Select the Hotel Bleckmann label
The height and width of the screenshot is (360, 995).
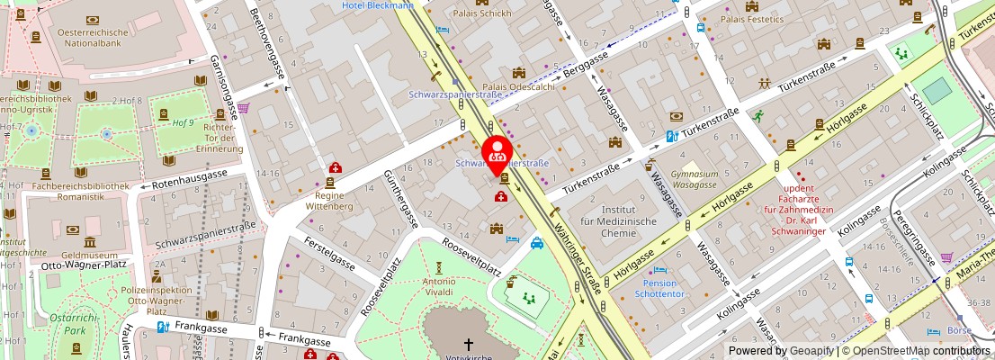point(378,5)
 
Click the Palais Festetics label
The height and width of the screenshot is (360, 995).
point(752,19)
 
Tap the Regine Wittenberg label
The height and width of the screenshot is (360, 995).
point(336,200)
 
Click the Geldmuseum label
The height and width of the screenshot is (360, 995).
point(91,256)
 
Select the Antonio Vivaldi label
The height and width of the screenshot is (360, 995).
point(438,286)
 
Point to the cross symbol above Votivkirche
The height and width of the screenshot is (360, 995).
point(468,344)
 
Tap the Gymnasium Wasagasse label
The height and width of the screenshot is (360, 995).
point(695,179)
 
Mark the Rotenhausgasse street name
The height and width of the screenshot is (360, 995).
point(189,177)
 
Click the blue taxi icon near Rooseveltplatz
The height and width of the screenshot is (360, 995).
point(537,242)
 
